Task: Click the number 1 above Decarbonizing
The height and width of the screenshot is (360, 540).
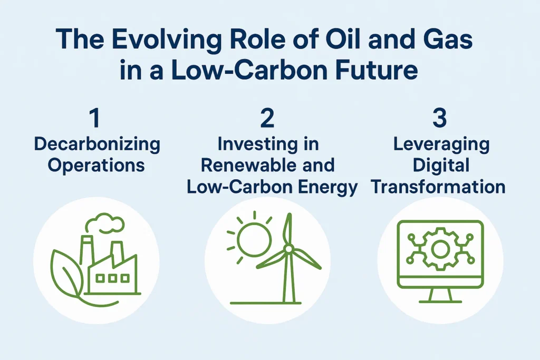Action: [x=95, y=118]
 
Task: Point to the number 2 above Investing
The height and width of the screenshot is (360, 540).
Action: [x=267, y=118]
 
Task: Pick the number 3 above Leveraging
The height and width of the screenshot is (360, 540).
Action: [x=439, y=118]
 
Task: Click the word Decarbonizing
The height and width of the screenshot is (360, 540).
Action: [x=97, y=144]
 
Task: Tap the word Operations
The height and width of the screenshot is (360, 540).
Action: [x=96, y=166]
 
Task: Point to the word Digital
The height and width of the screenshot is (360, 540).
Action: [x=441, y=166]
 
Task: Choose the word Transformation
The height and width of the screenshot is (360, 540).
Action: [x=438, y=187]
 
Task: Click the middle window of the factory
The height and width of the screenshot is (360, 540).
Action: [x=112, y=278]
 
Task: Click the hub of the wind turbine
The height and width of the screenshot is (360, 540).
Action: [x=288, y=248]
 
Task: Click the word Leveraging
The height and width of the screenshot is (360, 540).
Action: [x=441, y=144]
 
